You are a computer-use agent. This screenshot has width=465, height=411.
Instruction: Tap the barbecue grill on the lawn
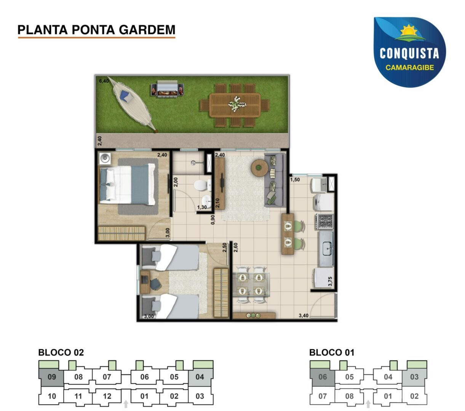167,89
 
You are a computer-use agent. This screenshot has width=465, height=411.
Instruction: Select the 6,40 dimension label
104,81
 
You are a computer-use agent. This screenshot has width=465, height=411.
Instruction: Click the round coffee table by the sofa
259,168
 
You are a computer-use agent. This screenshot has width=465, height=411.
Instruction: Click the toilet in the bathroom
202,185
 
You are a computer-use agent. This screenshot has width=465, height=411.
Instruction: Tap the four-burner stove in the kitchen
325,222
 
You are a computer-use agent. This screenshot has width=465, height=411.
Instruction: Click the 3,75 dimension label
330,281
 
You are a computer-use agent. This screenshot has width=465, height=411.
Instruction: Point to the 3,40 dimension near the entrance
304,315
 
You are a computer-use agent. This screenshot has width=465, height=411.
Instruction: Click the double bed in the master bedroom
127,184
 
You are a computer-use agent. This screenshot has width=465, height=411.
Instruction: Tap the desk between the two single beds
145,282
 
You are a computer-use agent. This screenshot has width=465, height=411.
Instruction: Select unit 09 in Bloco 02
51,377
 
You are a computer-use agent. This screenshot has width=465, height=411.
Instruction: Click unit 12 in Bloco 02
107,396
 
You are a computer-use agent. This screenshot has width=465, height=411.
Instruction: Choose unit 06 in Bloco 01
322,377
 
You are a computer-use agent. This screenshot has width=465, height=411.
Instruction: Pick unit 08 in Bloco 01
349,396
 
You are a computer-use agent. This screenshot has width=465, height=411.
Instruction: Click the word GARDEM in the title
147,30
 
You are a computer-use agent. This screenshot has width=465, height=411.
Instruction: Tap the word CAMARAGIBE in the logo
409,67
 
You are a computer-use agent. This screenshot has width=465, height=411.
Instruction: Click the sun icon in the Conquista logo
409,30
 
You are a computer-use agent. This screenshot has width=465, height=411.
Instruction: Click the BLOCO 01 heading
332,352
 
